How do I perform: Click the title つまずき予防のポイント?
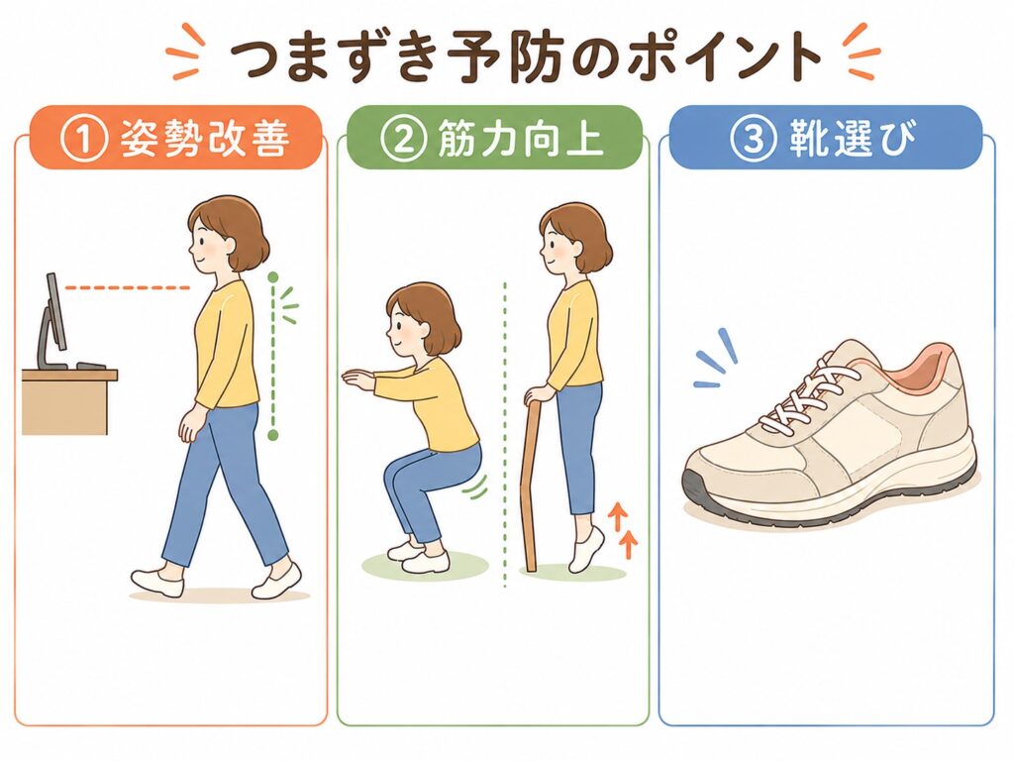point(525,56)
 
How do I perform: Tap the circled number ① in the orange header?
point(83,139)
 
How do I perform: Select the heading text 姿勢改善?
point(204,139)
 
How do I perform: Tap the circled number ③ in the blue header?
point(753,138)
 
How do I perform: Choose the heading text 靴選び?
point(854,138)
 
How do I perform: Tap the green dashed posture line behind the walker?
point(273,357)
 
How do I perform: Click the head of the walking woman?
point(227,236)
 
